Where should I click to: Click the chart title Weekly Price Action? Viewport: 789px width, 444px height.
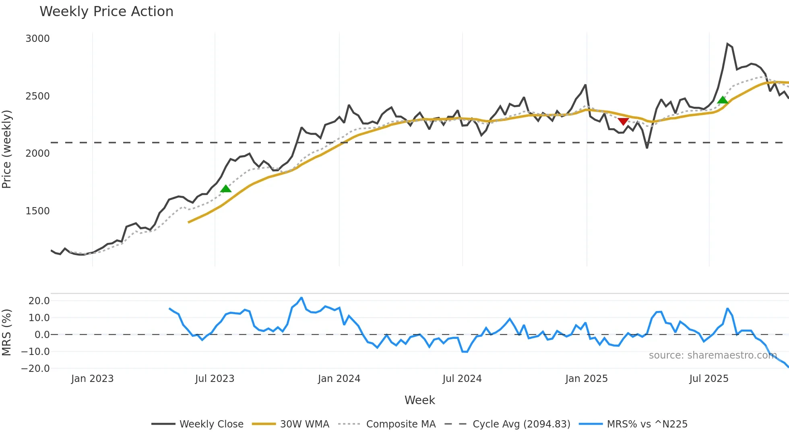(106, 12)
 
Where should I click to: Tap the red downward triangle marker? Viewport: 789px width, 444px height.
(623, 121)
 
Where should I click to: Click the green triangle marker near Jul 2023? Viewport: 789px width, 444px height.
(226, 189)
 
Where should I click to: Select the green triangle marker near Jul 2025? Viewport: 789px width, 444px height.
(723, 100)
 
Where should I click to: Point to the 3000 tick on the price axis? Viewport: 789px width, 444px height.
(37, 39)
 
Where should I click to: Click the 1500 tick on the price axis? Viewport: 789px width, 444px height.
(37, 211)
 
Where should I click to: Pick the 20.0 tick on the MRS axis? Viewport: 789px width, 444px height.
(39, 301)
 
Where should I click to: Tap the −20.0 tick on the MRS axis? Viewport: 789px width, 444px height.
(35, 369)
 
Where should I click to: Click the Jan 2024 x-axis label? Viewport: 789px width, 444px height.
(339, 379)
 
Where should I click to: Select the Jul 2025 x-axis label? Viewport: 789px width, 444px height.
(708, 379)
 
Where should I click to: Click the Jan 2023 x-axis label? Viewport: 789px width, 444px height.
(92, 379)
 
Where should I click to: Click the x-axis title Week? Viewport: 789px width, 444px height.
(419, 400)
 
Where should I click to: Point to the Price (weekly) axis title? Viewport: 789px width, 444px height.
(7, 149)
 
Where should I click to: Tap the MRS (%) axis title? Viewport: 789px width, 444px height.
(7, 332)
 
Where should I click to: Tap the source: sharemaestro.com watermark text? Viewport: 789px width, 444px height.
(713, 355)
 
